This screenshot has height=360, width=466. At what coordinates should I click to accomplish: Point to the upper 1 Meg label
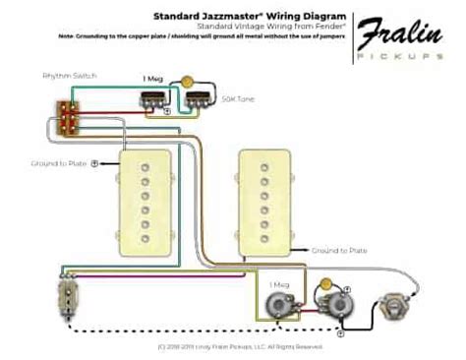pyautogui.click(x=152, y=77)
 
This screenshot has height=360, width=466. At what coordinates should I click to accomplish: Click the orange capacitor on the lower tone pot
pyautogui.click(x=325, y=286)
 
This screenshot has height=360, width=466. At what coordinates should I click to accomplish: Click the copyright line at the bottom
pyautogui.click(x=234, y=347)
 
